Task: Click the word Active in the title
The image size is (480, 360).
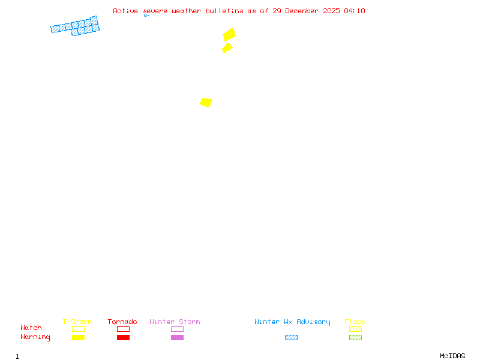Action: pos(125,11)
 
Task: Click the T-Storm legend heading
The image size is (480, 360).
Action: pos(77,322)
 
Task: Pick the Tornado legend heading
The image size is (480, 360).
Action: pos(122,322)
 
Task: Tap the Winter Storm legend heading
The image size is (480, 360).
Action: pos(175,322)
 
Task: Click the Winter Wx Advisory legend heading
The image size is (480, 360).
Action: pos(292,322)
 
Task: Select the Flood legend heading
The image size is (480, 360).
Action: pos(355,322)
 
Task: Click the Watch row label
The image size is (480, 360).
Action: pos(31,328)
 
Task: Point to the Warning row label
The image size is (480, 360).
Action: pos(35,337)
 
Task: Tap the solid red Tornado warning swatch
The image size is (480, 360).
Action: pos(123,337)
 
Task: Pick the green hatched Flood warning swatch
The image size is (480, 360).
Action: pos(355,337)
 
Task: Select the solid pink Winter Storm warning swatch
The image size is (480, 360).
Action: pos(177,337)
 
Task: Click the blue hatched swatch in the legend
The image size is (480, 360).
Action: pos(291,337)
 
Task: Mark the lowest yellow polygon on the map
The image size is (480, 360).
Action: pos(206,103)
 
